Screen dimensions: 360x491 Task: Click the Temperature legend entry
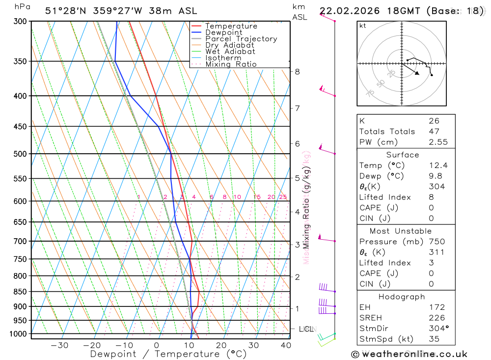click(x=231, y=26)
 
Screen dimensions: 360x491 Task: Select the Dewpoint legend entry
click(x=223, y=32)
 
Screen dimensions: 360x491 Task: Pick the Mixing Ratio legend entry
click(x=231, y=64)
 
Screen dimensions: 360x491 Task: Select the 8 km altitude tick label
click(x=297, y=72)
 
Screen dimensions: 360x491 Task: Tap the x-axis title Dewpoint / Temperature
click(x=168, y=354)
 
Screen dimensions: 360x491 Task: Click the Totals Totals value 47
click(x=434, y=131)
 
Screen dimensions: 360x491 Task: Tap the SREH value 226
click(x=436, y=318)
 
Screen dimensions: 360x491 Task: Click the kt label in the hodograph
click(x=363, y=26)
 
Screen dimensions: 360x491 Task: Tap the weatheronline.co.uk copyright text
click(x=409, y=354)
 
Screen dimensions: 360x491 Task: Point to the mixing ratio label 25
click(x=283, y=197)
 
